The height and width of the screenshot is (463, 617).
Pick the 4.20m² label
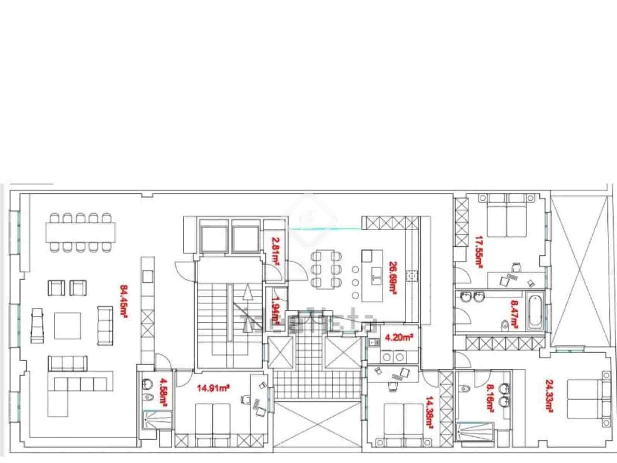(x=399, y=338)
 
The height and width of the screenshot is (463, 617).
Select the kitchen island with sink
(x=373, y=275)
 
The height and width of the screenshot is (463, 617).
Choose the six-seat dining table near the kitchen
(x=326, y=269)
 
